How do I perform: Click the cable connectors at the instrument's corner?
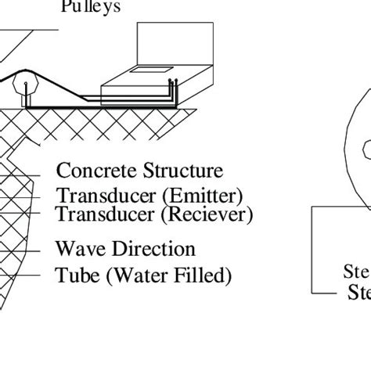tap(171, 87)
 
